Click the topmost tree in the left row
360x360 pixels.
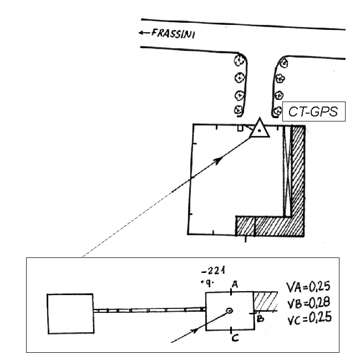click(240, 60)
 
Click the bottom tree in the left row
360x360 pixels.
click(239, 109)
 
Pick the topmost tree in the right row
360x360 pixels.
click(284, 63)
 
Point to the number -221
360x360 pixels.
click(214, 271)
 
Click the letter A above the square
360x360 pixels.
click(235, 284)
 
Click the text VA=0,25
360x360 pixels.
click(311, 287)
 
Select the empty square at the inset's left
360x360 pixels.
click(70, 311)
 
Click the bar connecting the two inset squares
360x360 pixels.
click(149, 311)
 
